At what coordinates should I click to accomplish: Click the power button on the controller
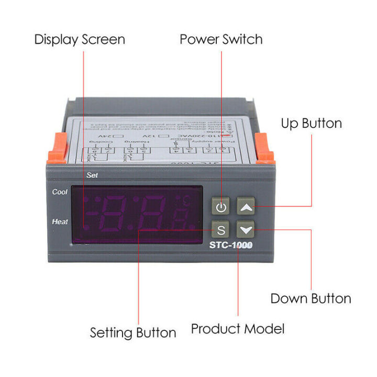(x=221, y=207)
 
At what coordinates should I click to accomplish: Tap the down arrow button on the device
(x=246, y=229)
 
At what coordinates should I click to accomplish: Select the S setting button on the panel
(x=221, y=229)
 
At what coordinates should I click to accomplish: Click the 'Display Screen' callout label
(x=80, y=39)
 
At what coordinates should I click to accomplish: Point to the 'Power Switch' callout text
(x=221, y=39)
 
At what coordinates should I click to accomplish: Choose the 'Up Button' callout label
(x=311, y=124)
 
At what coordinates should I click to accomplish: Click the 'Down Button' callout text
(x=311, y=298)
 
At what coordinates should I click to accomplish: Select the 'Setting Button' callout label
(x=133, y=332)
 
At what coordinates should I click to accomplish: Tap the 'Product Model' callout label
(x=238, y=329)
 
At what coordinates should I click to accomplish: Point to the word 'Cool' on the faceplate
(x=60, y=192)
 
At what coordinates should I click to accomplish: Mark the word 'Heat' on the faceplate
(x=60, y=222)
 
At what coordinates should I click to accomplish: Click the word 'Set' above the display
(x=92, y=176)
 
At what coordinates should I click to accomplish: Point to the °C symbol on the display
(x=186, y=199)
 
